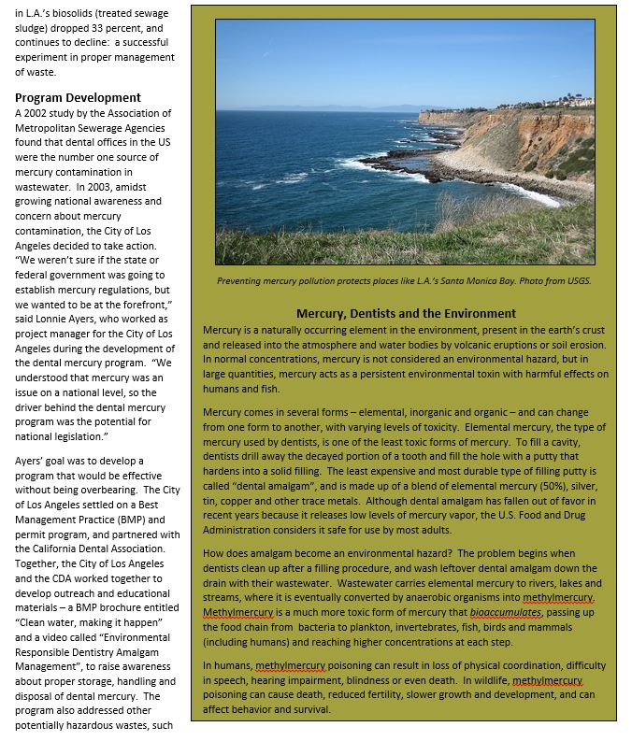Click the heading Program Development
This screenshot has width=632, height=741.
click(x=78, y=97)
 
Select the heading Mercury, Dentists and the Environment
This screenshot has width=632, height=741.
click(x=406, y=314)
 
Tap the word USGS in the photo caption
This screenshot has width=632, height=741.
click(x=577, y=280)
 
